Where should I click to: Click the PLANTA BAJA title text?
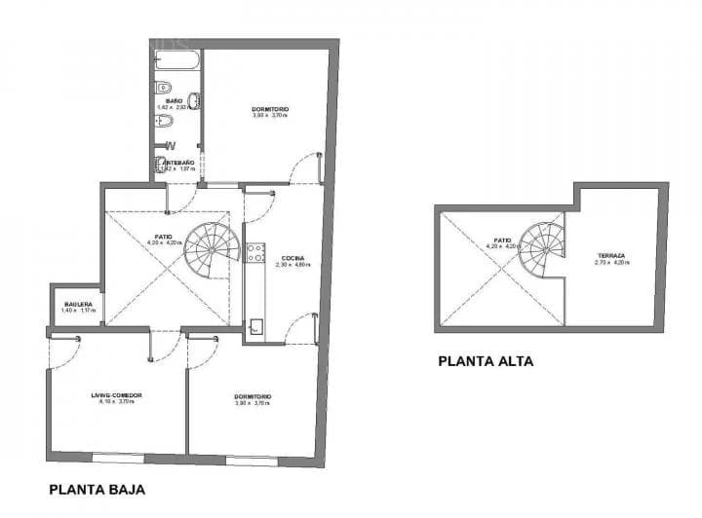(97, 490)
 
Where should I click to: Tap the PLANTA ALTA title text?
(486, 361)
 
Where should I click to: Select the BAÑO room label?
(175, 100)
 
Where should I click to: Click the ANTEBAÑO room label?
(178, 162)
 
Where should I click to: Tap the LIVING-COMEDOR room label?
(116, 394)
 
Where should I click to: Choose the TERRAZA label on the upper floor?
(611, 257)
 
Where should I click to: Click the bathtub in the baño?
(177, 61)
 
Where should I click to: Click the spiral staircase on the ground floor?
(212, 249)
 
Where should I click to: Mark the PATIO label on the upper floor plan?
(502, 240)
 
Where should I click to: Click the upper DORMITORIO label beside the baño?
(270, 109)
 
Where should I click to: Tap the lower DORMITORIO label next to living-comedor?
(253, 396)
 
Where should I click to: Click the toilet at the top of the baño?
(166, 122)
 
